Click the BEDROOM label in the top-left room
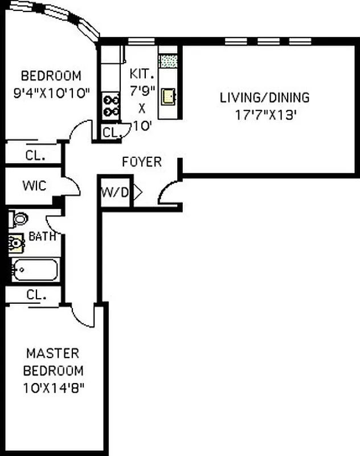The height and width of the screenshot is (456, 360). coord(51,76)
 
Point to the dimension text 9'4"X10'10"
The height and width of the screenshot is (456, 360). coord(51,93)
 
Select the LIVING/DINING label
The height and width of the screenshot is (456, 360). coord(264,97)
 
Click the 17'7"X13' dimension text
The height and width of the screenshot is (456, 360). coord(264,115)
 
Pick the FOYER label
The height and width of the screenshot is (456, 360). coord(141,162)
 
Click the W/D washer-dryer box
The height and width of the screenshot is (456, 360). coord(115,192)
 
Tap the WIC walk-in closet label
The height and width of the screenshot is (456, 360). coord(34,186)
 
